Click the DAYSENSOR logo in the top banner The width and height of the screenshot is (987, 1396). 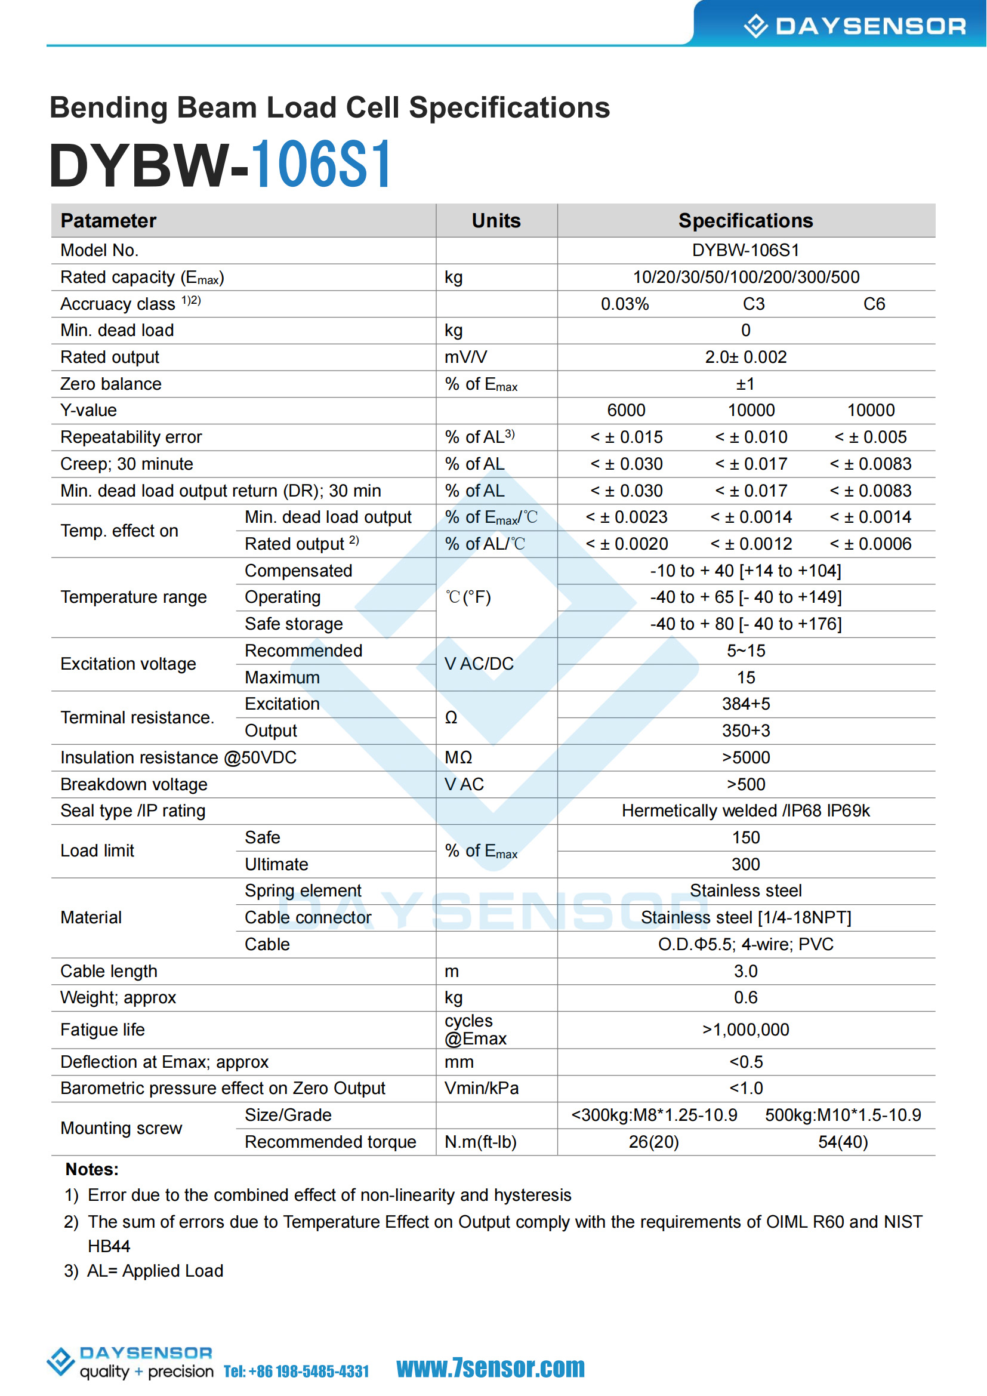pos(855,26)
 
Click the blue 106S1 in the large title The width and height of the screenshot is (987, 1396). pos(322,165)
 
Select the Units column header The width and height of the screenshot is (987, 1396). pos(496,221)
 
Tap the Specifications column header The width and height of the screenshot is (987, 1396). pos(745,221)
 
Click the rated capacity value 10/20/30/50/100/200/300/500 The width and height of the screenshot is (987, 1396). pos(746,278)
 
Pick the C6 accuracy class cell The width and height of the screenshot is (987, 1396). pos(874,304)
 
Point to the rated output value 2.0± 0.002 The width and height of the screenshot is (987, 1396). pos(746,357)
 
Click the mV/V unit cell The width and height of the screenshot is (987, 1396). pos(465,357)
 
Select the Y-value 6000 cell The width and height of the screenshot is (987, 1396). pos(626,411)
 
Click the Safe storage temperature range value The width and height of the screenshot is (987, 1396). pos(746,624)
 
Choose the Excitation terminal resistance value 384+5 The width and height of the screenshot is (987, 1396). pos(746,704)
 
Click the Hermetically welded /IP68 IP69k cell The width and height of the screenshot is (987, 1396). pos(746,811)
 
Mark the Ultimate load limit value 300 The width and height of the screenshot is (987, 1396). pos(746,864)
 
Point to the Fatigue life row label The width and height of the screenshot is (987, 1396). pos(103,1030)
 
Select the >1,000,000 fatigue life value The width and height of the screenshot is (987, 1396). pos(746,1030)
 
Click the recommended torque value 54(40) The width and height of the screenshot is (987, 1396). pos(843,1142)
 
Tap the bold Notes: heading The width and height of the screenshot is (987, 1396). pos(92,1169)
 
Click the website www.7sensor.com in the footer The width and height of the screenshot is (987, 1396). pos(491,1368)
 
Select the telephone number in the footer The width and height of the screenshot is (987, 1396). pos(297,1372)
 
